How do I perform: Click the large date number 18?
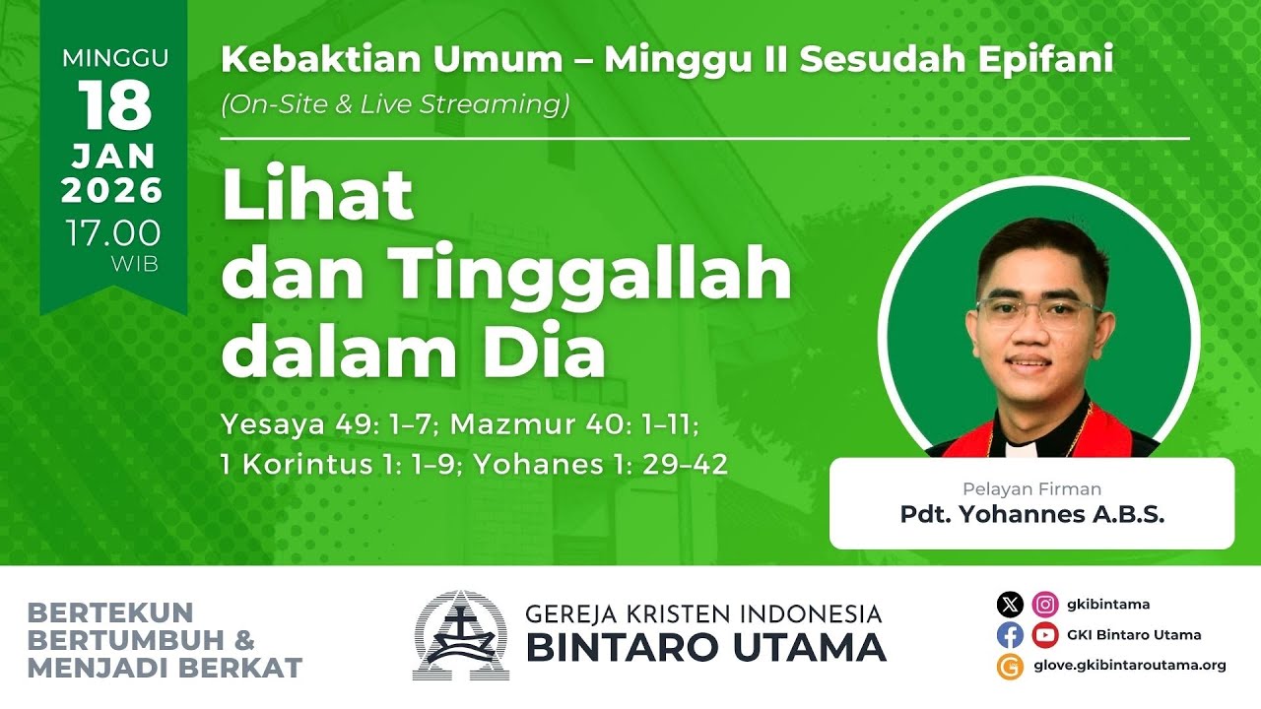pos(114,105)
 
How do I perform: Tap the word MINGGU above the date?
pos(114,58)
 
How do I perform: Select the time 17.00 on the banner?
pos(113,233)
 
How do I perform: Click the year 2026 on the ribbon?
pos(113,190)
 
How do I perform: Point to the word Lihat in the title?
pos(317,196)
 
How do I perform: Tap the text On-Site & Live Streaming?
pos(395,104)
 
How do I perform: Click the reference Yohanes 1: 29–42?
pos(601,465)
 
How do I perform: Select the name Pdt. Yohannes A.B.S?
pos(1031,514)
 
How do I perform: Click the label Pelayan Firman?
pos(1031,488)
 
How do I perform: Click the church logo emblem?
pos(461,635)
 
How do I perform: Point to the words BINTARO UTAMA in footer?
pos(704,648)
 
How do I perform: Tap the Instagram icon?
pos(1045,604)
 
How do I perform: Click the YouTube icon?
pos(1045,635)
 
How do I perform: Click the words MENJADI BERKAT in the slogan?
pos(165,668)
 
